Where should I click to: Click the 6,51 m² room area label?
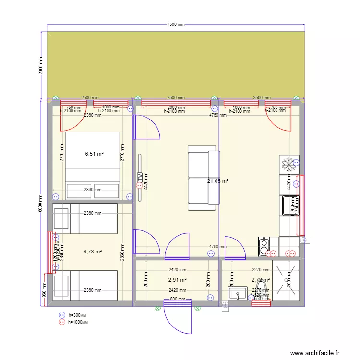(x=95, y=154)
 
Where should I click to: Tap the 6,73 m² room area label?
(x=93, y=252)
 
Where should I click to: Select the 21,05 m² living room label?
(x=217, y=181)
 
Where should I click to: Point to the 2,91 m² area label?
(x=177, y=280)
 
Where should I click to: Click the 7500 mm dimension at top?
(x=176, y=24)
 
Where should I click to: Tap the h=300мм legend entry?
(x=77, y=315)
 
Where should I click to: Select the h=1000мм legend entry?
(x=78, y=322)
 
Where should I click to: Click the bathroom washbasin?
(x=238, y=292)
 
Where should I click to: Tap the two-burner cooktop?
(x=264, y=246)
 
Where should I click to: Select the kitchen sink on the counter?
(x=289, y=206)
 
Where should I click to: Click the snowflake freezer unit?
(x=289, y=165)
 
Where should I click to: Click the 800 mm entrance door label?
(x=177, y=299)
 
